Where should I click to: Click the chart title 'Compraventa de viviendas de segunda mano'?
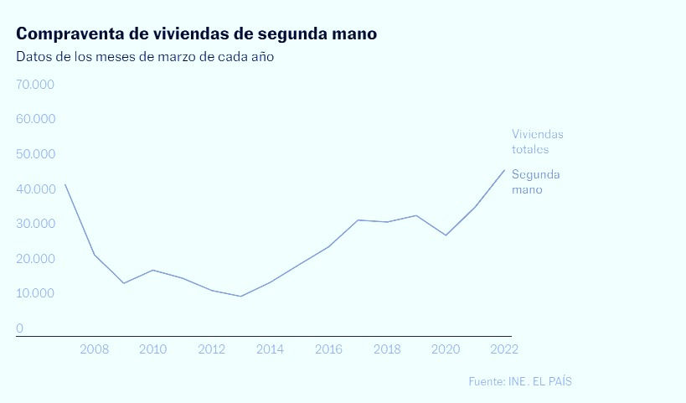click(196, 34)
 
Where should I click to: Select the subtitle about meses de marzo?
click(145, 58)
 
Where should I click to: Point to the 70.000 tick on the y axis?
click(35, 85)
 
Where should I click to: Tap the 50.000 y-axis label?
click(35, 154)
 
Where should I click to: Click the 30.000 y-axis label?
click(35, 224)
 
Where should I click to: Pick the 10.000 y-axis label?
click(35, 293)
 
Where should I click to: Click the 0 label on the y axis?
click(19, 328)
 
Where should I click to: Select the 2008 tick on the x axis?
click(94, 349)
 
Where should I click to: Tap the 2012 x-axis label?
click(211, 349)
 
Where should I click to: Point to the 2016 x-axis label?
click(328, 349)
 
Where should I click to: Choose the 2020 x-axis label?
click(446, 349)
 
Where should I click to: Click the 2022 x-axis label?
click(504, 349)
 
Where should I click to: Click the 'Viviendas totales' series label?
click(537, 142)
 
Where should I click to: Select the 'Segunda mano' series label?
click(535, 182)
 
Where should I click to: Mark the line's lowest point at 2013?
click(240, 296)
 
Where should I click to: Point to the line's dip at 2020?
click(446, 235)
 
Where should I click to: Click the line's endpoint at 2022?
click(504, 170)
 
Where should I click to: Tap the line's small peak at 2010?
click(152, 270)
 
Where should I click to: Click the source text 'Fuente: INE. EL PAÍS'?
click(520, 381)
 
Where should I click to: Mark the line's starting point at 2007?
click(64, 184)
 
